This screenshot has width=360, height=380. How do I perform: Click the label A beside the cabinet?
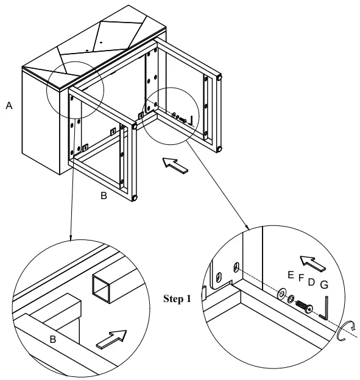click(9, 106)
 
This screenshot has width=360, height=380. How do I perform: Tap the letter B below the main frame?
click(104, 195)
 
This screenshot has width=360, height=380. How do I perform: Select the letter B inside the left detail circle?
click(53, 339)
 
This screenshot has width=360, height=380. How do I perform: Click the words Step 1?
click(177, 299)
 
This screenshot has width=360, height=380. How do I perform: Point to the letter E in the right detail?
click(291, 275)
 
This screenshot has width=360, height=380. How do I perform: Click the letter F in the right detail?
click(301, 278)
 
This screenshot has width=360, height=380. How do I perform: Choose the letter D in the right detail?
click(311, 282)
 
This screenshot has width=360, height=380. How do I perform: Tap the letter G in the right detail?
click(324, 285)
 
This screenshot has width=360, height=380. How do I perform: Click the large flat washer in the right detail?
click(281, 294)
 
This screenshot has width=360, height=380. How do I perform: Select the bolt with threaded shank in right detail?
click(304, 306)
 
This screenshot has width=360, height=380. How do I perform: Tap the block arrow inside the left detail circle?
click(111, 339)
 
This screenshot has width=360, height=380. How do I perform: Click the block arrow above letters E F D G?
click(312, 263)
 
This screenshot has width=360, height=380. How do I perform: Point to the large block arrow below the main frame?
click(175, 166)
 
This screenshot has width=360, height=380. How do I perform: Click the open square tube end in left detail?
click(101, 289)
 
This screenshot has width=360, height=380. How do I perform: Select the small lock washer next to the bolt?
click(291, 299)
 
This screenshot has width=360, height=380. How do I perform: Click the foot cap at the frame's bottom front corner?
click(134, 198)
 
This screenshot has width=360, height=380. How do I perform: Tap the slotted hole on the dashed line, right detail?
click(236, 267)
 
